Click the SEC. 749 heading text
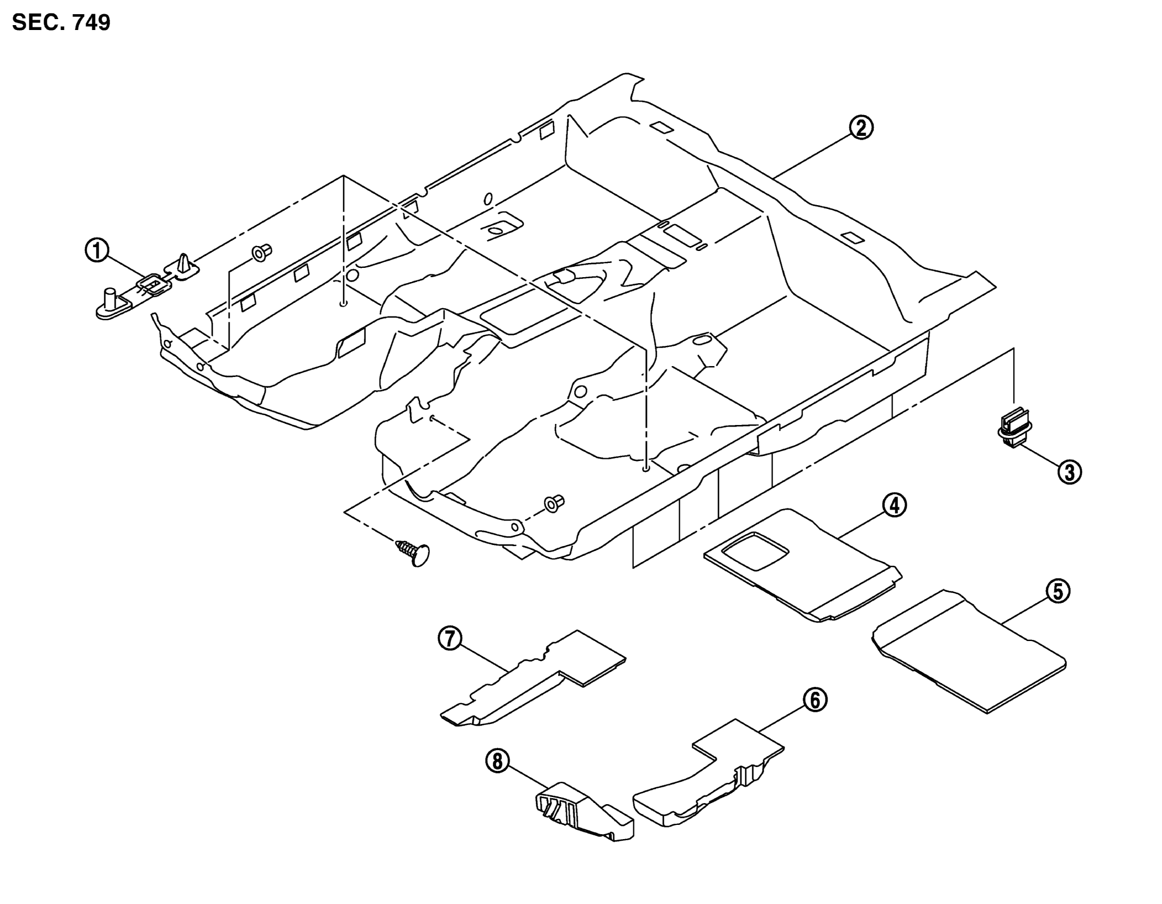(x=61, y=23)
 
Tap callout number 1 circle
(x=97, y=252)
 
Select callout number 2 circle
(x=860, y=129)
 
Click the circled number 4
(x=895, y=506)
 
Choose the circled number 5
(x=1058, y=592)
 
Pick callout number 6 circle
(x=815, y=700)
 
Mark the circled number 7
(x=450, y=639)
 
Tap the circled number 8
(x=498, y=762)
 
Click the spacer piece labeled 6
(x=708, y=775)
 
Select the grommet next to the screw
(x=554, y=504)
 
